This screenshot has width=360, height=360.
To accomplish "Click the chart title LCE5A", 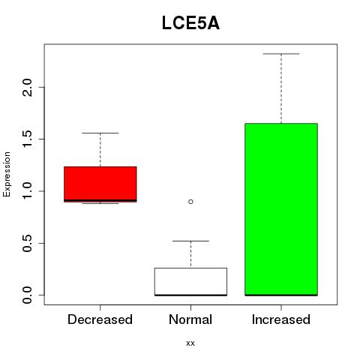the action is [190, 23].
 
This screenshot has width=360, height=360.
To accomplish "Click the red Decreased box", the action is [100, 184].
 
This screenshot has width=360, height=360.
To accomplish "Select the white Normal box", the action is [190, 282].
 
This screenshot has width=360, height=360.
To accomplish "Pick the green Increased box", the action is [281, 209].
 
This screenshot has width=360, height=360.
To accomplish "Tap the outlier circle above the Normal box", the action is [190, 202].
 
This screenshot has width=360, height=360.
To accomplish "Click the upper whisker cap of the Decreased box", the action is [100, 133].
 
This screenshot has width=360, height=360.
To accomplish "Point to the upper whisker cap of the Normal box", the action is [190, 241].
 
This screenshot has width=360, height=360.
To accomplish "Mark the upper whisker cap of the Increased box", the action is [281, 54].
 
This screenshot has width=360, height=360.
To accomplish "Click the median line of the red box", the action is [100, 200].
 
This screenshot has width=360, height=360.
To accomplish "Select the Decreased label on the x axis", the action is [100, 319].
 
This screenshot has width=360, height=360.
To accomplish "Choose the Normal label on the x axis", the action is [190, 319].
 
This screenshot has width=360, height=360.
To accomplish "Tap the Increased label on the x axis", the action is [281, 319].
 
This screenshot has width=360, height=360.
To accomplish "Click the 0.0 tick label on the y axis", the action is [27, 295].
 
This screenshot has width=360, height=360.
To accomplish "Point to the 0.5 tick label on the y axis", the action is [27, 243].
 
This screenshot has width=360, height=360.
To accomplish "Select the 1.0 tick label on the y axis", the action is [27, 191].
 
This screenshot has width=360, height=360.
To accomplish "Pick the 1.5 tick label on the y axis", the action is [27, 139].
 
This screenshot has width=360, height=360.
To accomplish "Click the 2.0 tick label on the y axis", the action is [27, 87].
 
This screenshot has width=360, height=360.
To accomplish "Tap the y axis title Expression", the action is [7, 174].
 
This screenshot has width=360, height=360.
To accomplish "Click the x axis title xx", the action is [190, 343].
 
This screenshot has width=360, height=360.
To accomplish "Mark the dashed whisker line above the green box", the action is [281, 88].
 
